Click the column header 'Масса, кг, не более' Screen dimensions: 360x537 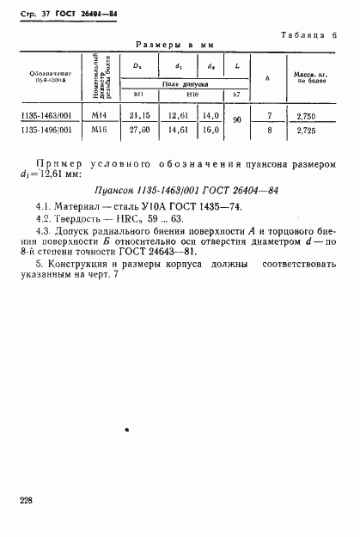coord(308,78)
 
